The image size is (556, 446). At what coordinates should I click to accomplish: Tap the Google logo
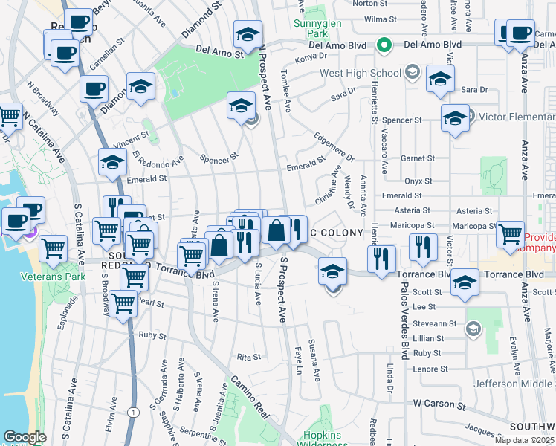(25, 437)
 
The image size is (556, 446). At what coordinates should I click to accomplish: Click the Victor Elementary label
(517, 117)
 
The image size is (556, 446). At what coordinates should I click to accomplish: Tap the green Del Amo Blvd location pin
(384, 45)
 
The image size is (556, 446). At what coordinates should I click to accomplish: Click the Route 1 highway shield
(132, 412)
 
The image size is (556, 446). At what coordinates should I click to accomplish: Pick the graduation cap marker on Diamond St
(140, 86)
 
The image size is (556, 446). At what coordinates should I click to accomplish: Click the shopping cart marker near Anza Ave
(510, 233)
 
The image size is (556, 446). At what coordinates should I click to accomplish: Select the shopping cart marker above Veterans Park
(54, 248)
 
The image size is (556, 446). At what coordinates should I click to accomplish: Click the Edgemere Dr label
(334, 146)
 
